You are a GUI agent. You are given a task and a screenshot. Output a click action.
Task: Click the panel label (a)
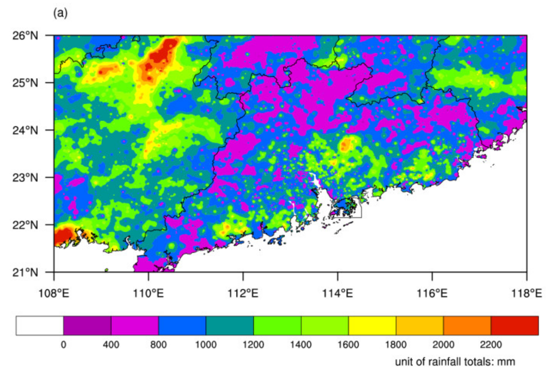coord(60,13)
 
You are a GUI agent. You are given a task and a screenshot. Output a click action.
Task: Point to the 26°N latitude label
coord(25,36)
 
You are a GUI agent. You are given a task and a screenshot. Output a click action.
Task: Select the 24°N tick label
coord(25,130)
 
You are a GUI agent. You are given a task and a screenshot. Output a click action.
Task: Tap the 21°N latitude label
coord(25,272)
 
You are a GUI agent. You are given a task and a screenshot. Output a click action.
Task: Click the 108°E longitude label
coord(54,293)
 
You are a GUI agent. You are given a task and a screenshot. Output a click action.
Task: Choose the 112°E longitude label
coord(243,293)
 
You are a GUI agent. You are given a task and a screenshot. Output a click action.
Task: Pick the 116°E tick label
coord(432,293)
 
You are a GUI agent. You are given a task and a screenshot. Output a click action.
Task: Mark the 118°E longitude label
coord(526,293)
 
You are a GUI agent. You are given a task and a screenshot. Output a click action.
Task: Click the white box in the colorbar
coord(40,326)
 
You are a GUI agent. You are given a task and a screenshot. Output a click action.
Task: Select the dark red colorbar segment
coord(515,326)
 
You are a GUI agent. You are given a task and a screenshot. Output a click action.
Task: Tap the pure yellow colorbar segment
coord(372,326)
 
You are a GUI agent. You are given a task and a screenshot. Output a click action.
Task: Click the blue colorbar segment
coord(182,326)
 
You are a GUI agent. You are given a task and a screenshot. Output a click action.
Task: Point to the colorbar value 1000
coord(206,345)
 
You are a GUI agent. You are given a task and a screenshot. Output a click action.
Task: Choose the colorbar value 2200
coord(491,345)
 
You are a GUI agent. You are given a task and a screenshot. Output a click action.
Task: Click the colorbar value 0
coord(64,345)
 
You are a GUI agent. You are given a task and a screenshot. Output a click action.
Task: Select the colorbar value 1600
coord(348,345)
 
